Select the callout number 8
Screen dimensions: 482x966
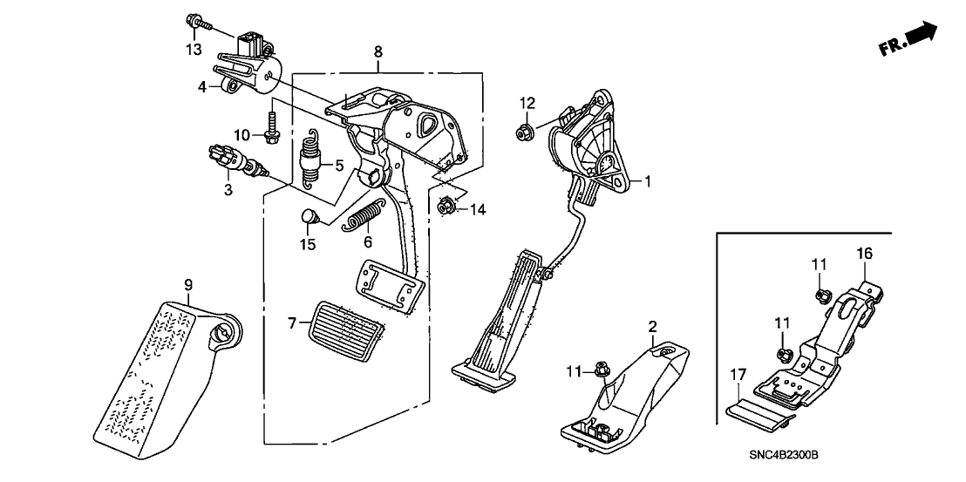click(x=378, y=52)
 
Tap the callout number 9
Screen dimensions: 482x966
click(x=187, y=284)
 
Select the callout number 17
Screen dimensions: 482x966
click(x=738, y=375)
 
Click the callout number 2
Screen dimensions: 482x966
click(x=651, y=327)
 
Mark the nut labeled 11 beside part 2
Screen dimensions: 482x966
click(x=600, y=370)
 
